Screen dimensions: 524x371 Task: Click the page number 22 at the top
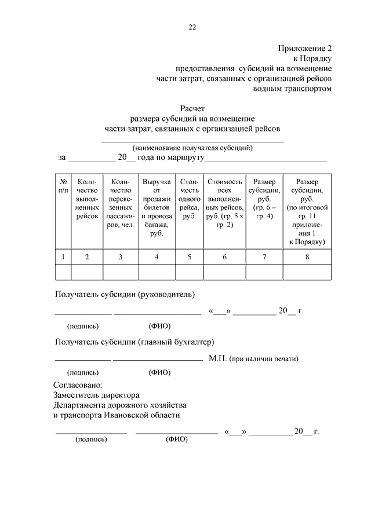(192, 27)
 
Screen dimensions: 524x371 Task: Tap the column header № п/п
(63, 185)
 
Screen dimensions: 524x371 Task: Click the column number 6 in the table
(224, 257)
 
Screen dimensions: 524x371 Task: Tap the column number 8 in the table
(307, 257)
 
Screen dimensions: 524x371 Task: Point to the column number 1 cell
(63, 257)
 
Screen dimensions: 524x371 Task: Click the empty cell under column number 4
(157, 272)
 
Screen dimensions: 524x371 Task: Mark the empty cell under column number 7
(264, 272)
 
